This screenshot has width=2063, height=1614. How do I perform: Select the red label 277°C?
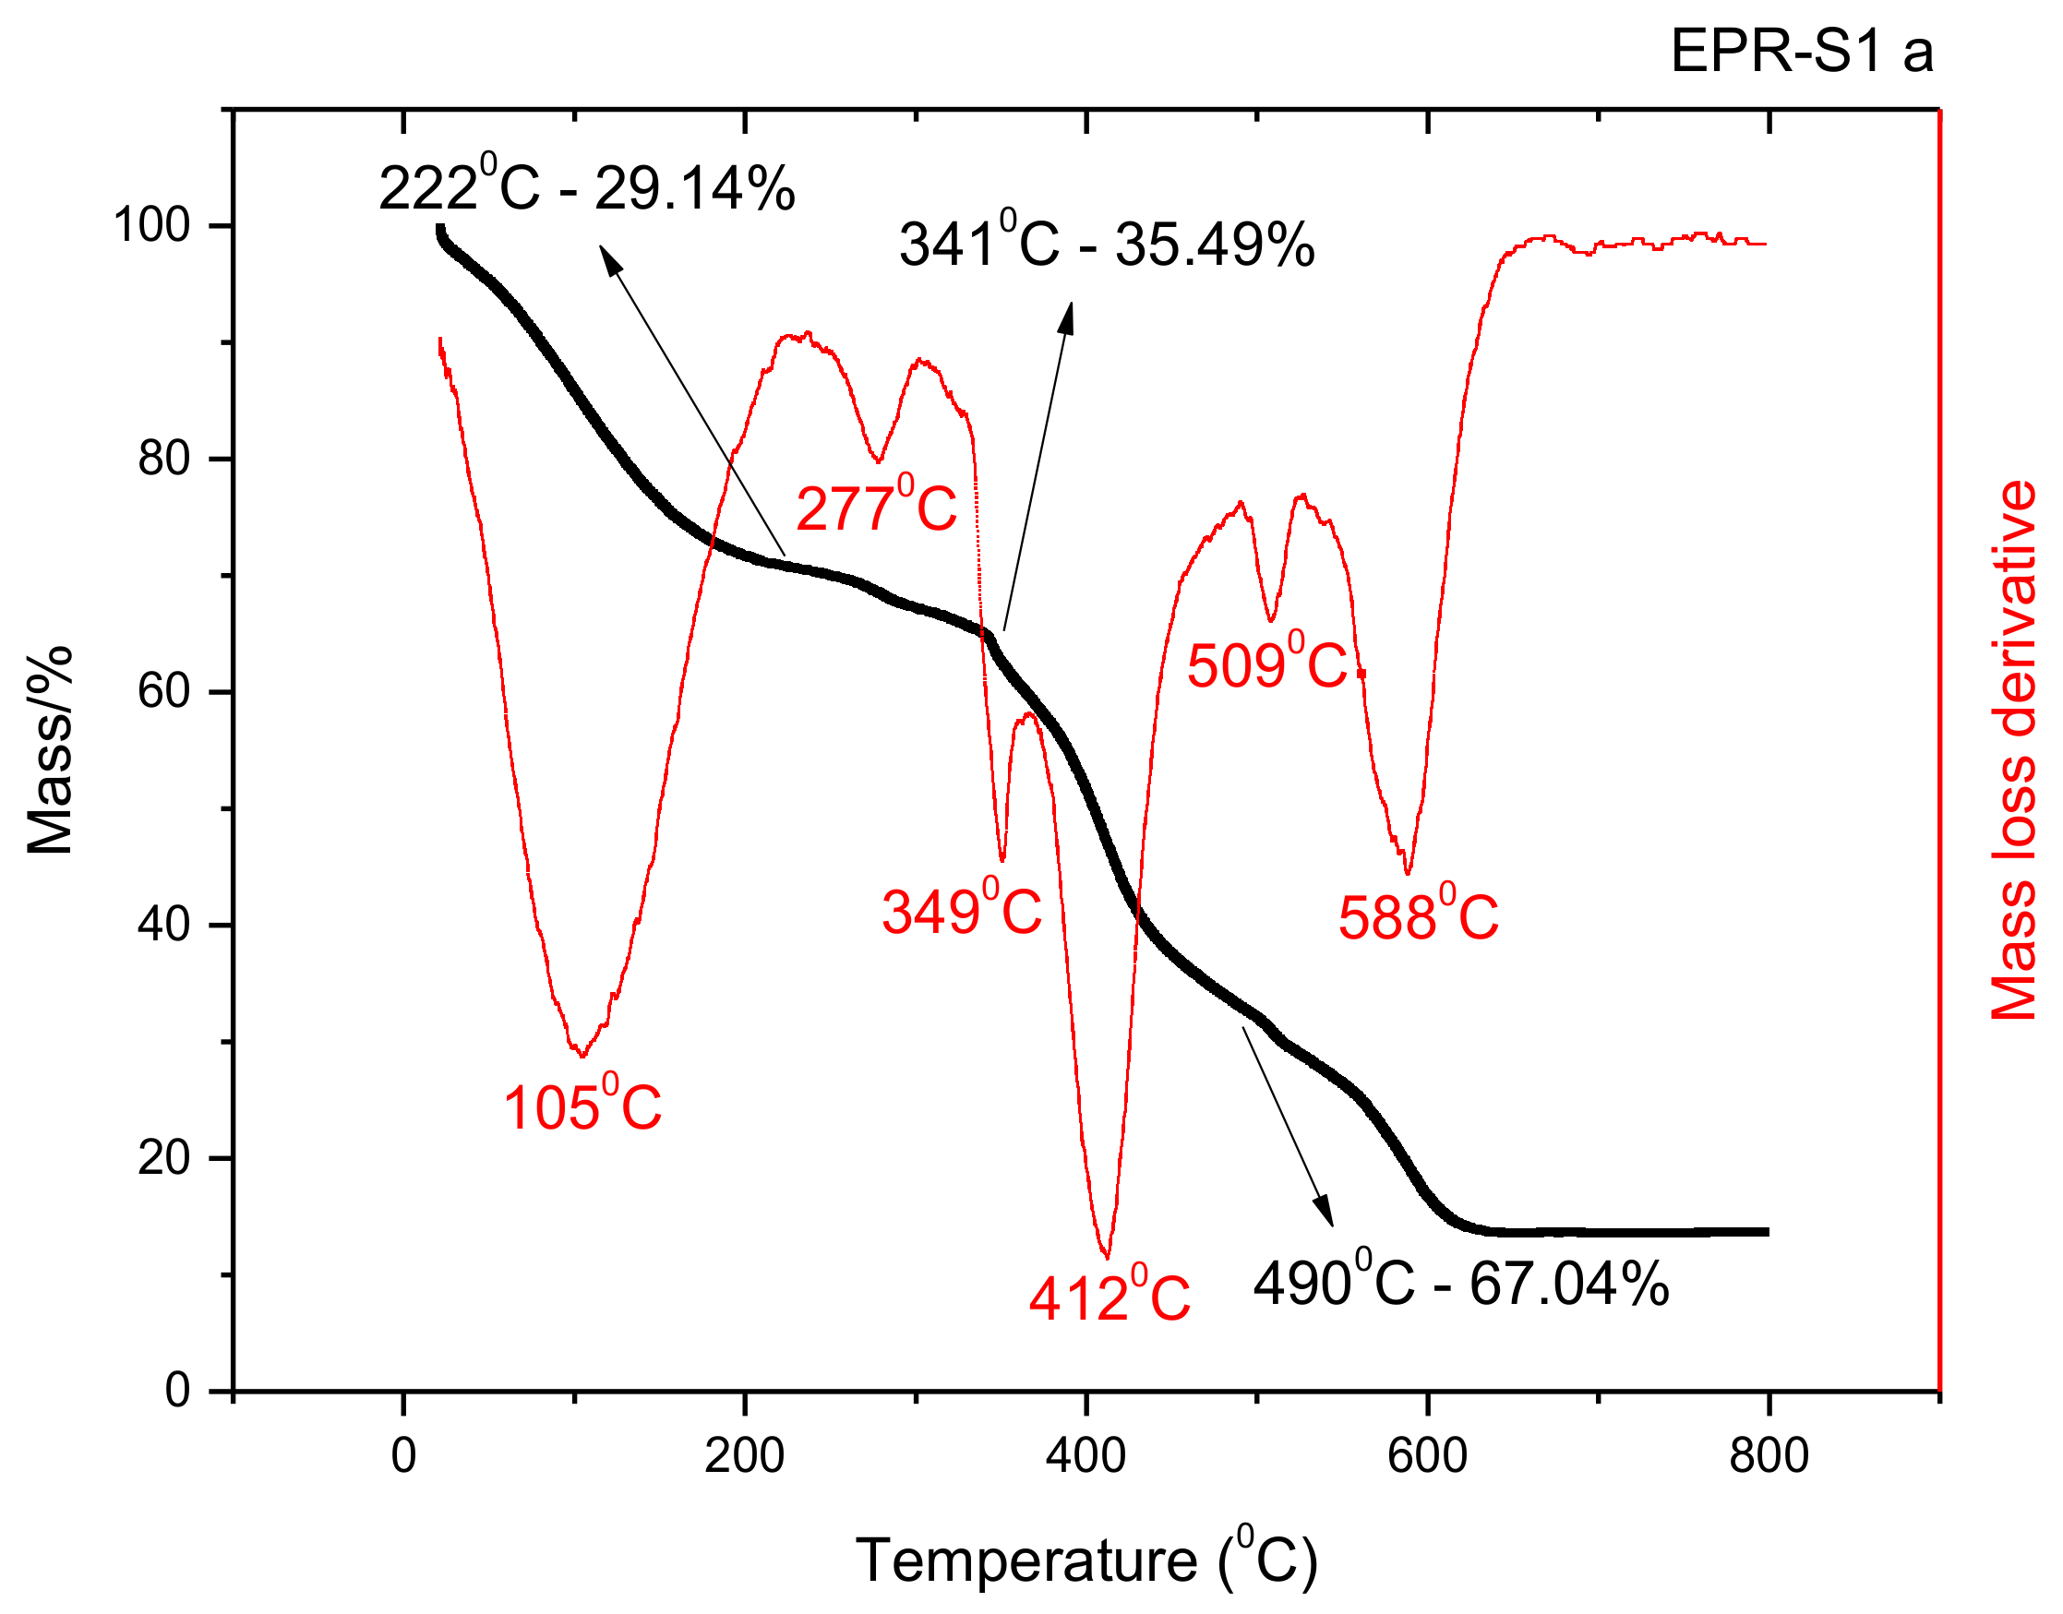coord(876,508)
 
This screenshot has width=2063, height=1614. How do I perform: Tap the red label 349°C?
coord(961,912)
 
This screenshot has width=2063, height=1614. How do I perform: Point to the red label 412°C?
coord(1109,1297)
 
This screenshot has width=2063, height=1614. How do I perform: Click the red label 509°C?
coord(1266,665)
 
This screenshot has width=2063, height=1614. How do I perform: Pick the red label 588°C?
coord(1418,916)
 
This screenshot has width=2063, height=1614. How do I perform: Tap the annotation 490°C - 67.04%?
coord(1461,1284)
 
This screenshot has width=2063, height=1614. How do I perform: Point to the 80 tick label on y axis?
coord(163,460)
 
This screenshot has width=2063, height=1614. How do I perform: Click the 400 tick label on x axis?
coord(1085,1456)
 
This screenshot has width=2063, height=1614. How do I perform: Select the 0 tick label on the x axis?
coord(403,1456)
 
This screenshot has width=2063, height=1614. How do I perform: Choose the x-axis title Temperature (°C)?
coord(1085,1560)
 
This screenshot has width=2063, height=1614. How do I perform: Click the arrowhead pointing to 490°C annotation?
coord(1325,1213)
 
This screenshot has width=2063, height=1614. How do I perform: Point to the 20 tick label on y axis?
coord(163,1157)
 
